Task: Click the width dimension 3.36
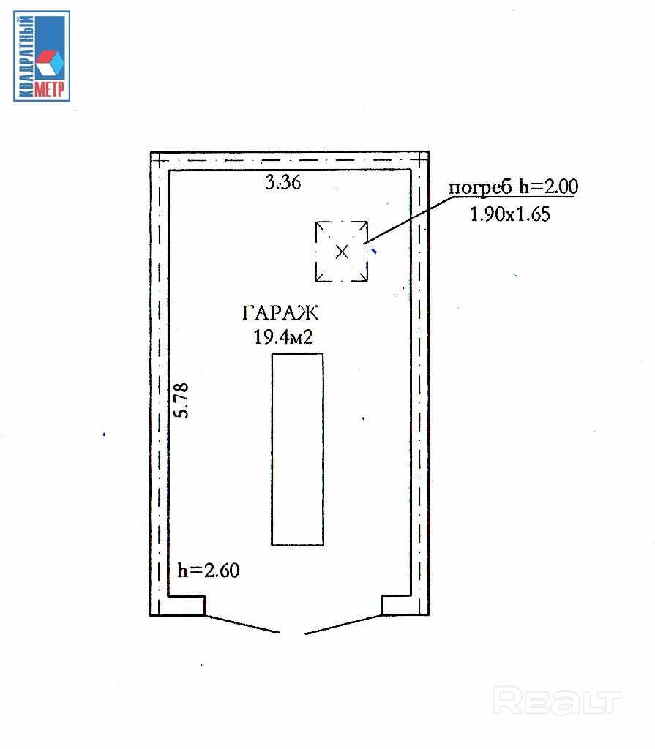pyautogui.click(x=283, y=182)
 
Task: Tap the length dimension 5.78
pyautogui.click(x=181, y=400)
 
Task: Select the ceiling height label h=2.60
pyautogui.click(x=209, y=571)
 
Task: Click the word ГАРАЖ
pyautogui.click(x=280, y=313)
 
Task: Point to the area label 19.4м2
pyautogui.click(x=283, y=337)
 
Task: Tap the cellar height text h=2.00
pyautogui.click(x=549, y=187)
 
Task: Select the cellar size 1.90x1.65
pyautogui.click(x=510, y=214)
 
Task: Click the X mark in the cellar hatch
pyautogui.click(x=342, y=252)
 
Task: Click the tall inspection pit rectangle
pyautogui.click(x=297, y=450)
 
